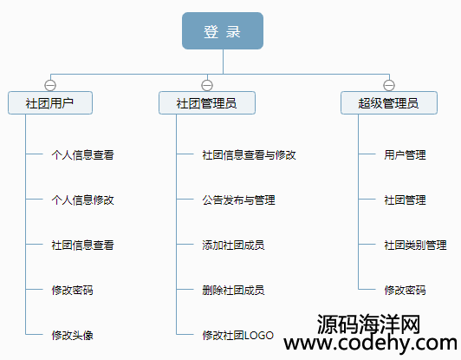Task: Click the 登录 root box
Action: (223, 30)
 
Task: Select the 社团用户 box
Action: (50, 102)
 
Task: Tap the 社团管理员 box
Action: (207, 102)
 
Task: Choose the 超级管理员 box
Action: (389, 102)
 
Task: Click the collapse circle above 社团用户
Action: (50, 85)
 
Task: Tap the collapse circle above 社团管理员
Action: (207, 85)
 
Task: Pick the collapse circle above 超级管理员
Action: (389, 85)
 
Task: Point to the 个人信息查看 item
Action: (82, 154)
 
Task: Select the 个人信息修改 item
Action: (82, 200)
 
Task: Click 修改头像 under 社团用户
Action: (72, 335)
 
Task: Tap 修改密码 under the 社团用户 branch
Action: (72, 291)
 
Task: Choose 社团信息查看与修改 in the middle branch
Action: (249, 154)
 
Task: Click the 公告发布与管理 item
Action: (238, 200)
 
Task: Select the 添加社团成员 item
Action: (233, 245)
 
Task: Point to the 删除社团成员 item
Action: (233, 291)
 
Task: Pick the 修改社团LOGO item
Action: (237, 335)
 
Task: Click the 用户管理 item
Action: (405, 154)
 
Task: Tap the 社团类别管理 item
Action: (415, 245)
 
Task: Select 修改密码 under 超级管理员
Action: (405, 291)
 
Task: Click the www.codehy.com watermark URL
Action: (371, 344)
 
